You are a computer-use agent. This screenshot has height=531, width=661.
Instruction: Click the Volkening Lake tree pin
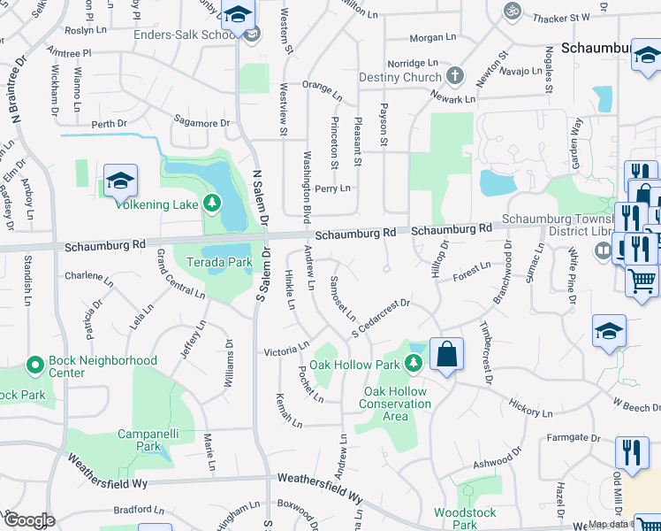(211, 204)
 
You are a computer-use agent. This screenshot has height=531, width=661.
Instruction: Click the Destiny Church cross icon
(455, 76)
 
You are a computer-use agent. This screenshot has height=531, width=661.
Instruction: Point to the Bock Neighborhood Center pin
(35, 364)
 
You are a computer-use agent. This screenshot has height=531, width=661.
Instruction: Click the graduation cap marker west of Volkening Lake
(120, 181)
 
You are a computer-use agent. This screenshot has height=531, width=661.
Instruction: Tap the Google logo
(28, 520)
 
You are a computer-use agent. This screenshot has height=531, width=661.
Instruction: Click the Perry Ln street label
(332, 189)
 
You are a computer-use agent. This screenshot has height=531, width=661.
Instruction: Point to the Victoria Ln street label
(286, 350)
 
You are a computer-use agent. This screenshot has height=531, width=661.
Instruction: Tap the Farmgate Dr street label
(566, 438)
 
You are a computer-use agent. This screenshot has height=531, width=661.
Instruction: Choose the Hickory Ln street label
(531, 408)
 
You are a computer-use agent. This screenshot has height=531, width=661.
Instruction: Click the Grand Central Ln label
(180, 274)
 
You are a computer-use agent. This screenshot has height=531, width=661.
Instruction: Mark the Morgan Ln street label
(433, 38)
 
